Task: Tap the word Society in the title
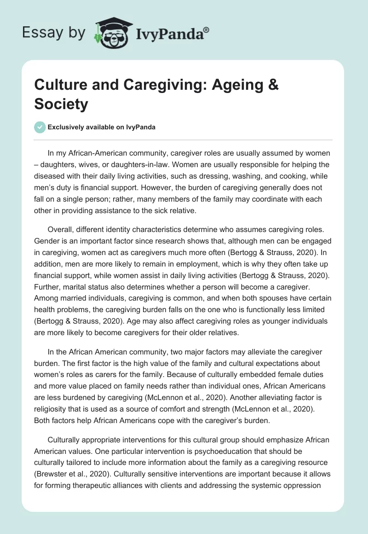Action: pos(61,104)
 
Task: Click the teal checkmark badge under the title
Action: pos(40,128)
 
